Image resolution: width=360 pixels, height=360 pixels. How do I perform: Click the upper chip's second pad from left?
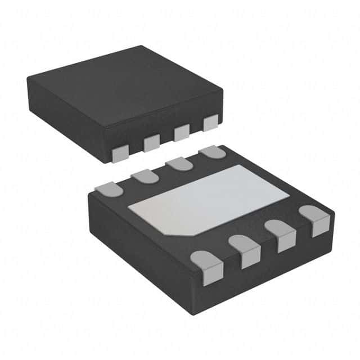point(151,143)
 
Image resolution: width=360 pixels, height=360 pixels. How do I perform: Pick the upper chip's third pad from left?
point(181,133)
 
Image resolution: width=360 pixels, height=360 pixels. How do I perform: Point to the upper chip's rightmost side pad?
point(210,123)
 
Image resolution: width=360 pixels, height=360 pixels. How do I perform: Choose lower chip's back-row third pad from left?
point(179,164)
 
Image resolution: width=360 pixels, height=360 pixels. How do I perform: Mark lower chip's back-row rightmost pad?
point(212,152)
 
